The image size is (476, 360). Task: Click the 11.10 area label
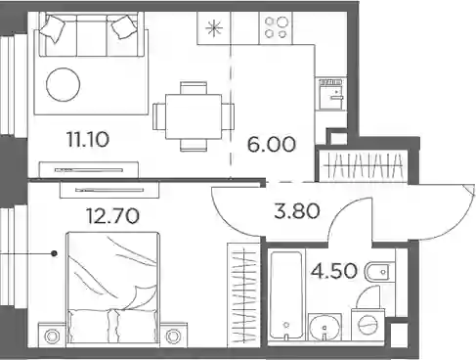click(88, 140)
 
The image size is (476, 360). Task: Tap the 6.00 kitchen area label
click(272, 145)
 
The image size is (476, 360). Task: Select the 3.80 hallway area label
click(297, 211)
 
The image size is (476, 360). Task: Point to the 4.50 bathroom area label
click(334, 271)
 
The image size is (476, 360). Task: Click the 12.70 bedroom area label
click(112, 216)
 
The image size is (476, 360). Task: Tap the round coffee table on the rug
click(64, 84)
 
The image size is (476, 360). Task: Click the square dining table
click(194, 116)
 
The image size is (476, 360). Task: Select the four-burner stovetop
click(276, 28)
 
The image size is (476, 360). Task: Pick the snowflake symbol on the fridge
click(214, 28)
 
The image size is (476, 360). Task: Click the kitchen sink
click(331, 94)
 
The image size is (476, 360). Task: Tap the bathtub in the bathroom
click(286, 294)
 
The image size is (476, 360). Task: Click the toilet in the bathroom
click(377, 272)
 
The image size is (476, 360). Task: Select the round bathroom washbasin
click(325, 327)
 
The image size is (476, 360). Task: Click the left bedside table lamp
click(52, 336)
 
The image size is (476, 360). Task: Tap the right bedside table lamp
click(173, 336)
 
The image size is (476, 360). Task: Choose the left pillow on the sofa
click(52, 27)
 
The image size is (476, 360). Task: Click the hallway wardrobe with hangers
click(363, 165)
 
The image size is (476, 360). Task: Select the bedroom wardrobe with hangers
click(243, 294)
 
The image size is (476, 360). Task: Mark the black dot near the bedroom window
click(55, 253)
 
